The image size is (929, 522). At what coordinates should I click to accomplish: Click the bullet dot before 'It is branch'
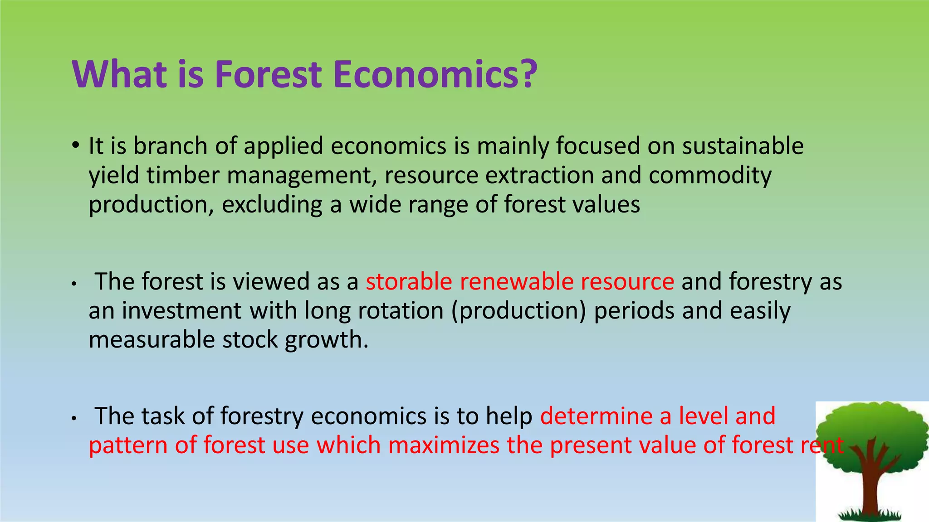click(75, 146)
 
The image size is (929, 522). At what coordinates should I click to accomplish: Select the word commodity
click(710, 175)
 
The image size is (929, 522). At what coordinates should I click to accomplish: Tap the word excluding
click(272, 205)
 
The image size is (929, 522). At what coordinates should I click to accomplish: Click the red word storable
click(409, 281)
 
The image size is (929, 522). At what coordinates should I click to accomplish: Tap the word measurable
click(152, 340)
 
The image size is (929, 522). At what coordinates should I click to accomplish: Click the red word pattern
click(128, 445)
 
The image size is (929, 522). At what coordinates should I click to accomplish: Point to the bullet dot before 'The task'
click(74, 418)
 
